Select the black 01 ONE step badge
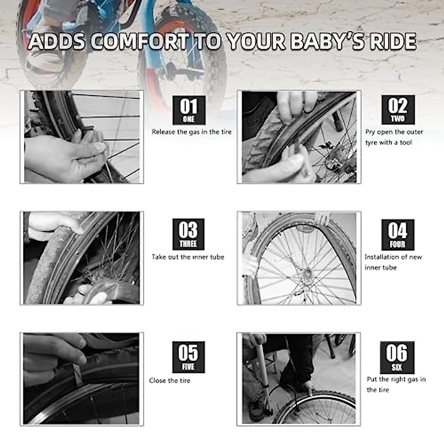[x=189, y=110]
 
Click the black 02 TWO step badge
[x=398, y=110]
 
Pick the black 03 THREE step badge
[x=188, y=234]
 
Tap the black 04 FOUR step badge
[x=397, y=235]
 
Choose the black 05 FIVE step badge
[x=188, y=357]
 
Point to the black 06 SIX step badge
[x=397, y=357]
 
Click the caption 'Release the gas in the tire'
[x=191, y=132]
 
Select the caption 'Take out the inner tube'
[x=188, y=257]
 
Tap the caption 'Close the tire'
[x=169, y=381]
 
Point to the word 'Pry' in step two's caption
[x=370, y=132]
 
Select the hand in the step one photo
[x=63, y=155]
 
